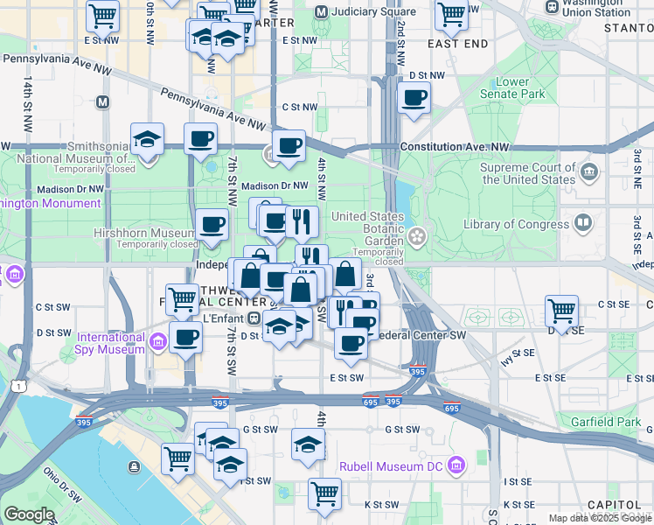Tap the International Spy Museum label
(111, 343)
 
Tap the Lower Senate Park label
(513, 87)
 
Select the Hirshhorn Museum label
(144, 234)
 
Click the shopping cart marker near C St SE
(560, 310)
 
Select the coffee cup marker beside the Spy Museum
(184, 337)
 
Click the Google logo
(29, 514)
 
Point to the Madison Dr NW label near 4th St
(275, 185)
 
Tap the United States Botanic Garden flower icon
(418, 234)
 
